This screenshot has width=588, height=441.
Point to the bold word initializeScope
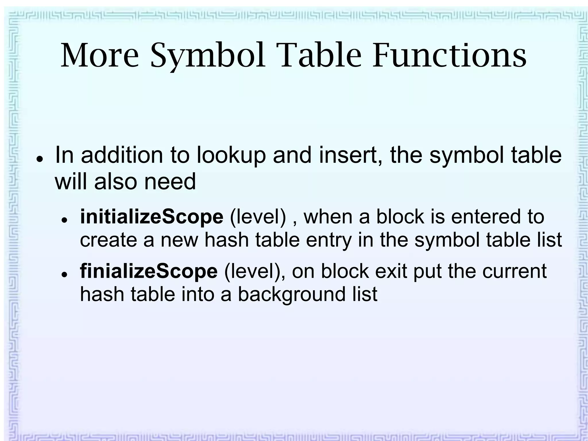[152, 217]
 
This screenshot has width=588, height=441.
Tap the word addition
[122, 155]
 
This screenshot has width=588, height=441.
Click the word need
[170, 182]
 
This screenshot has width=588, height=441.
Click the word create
[109, 240]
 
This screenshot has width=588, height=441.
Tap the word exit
[391, 271]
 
